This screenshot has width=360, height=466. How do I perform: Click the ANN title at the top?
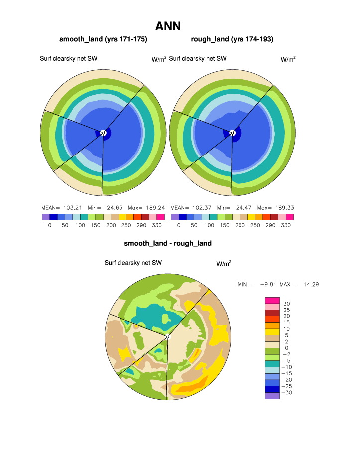click(168, 26)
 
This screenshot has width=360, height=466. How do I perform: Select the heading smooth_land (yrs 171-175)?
click(103, 39)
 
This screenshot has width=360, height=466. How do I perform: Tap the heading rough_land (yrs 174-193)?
click(232, 39)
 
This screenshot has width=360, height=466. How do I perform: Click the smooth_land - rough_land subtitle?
click(168, 243)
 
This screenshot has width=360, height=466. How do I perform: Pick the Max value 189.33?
click(282, 207)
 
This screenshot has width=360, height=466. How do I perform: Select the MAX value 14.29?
click(308, 284)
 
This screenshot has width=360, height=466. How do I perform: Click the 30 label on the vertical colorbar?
click(286, 304)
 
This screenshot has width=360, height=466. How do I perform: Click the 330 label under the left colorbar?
click(156, 225)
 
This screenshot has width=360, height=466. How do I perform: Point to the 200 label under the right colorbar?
click(240, 225)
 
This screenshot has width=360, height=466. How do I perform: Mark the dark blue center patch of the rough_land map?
click(237, 133)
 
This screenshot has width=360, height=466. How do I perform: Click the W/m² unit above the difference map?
click(224, 263)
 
